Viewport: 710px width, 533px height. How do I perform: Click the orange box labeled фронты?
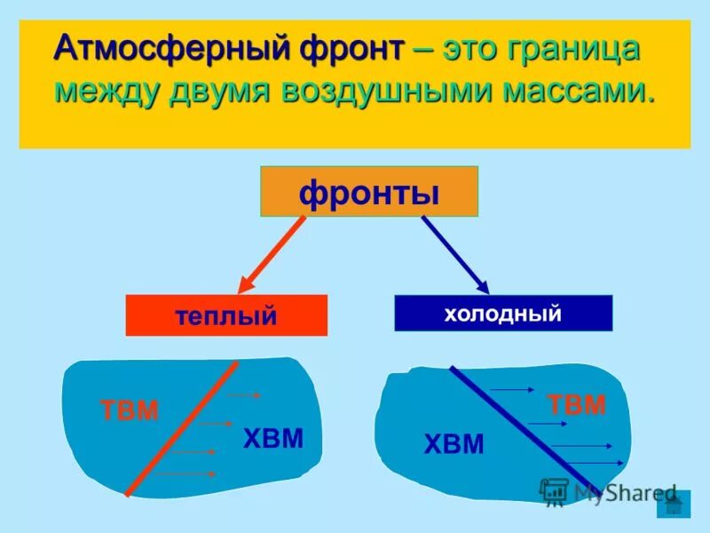[x=368, y=191]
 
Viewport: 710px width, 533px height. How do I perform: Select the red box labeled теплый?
[x=226, y=315]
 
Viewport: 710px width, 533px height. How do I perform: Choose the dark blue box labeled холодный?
[x=503, y=313]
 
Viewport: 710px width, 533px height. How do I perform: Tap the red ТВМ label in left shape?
[x=130, y=410]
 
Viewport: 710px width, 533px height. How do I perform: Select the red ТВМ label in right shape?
[x=577, y=405]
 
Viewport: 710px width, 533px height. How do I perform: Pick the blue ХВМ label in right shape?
[x=454, y=444]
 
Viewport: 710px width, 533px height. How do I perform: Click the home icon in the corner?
[x=674, y=505]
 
